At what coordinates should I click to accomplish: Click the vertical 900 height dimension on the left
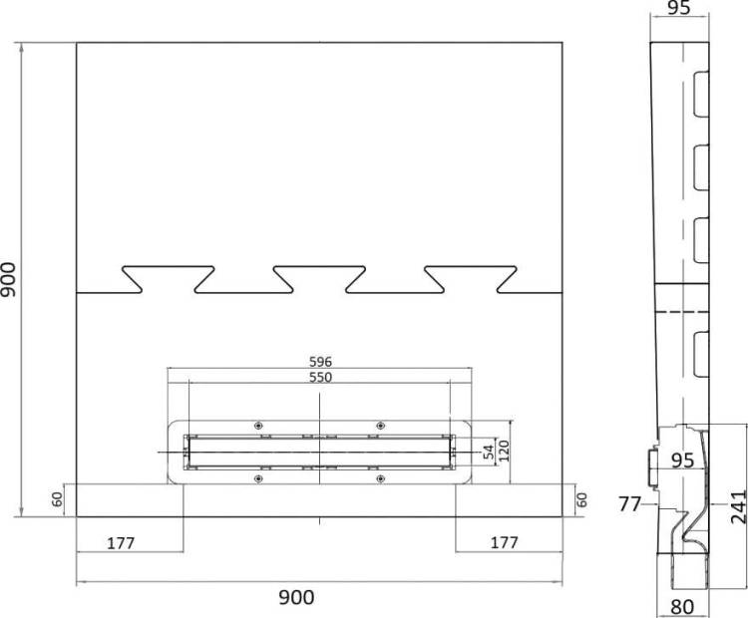9,280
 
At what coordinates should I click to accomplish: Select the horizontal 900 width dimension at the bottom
296,597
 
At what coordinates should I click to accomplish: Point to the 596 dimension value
320,362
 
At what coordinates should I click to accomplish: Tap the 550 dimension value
320,377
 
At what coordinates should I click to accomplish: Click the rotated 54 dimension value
489,453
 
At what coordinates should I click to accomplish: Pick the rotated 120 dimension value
504,452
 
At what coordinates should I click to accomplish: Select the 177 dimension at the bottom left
121,543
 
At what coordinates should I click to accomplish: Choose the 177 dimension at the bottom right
505,542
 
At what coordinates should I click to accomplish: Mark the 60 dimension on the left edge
57,499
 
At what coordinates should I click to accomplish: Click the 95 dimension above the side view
679,8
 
